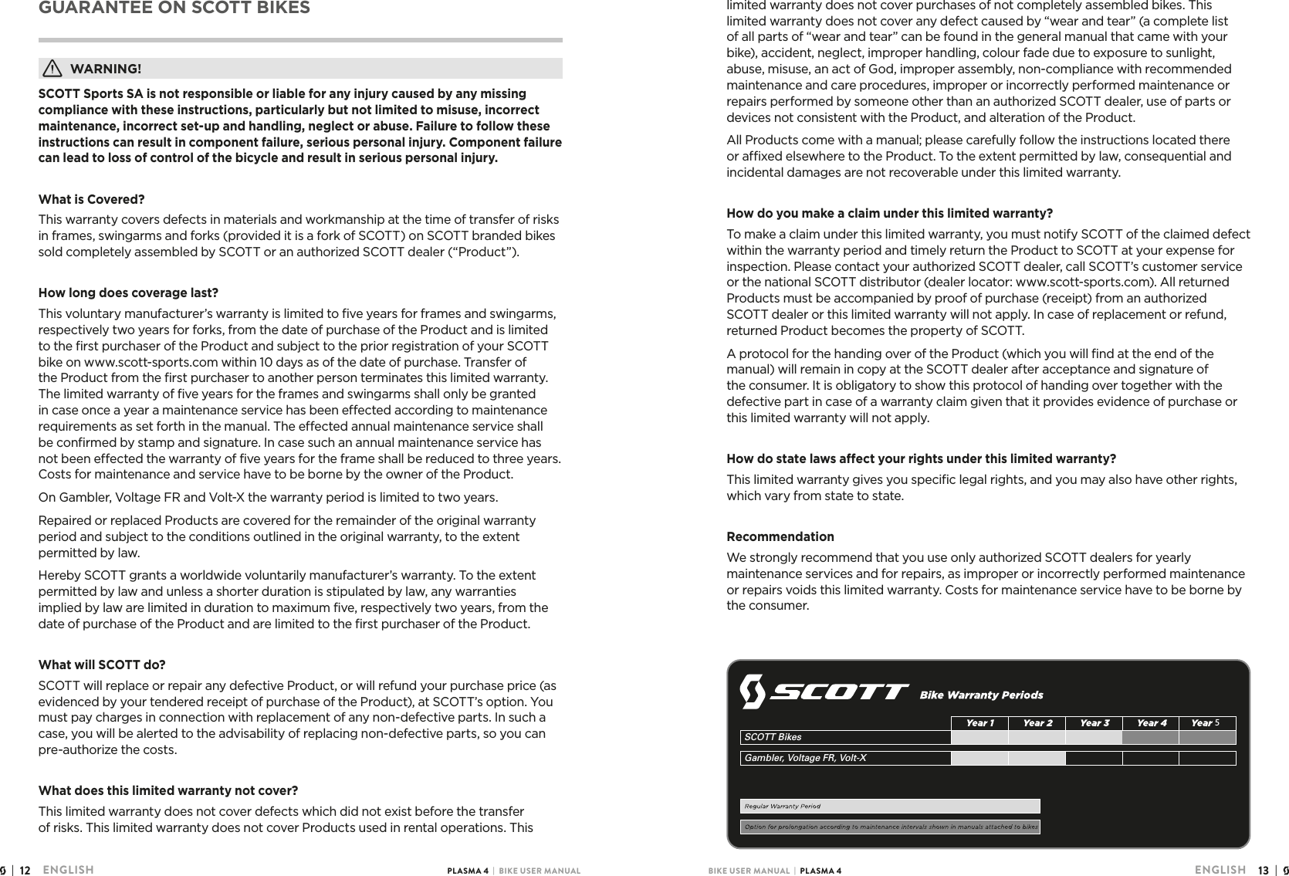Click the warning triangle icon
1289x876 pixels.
point(52,69)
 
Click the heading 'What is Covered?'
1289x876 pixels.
point(92,200)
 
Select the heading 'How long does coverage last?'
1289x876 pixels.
point(128,293)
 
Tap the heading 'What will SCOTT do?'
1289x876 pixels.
point(102,665)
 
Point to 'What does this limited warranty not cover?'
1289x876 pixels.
point(168,791)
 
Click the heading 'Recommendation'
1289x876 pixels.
point(780,536)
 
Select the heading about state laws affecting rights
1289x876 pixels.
point(921,459)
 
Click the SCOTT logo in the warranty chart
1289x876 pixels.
point(824,692)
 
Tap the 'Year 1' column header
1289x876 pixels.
point(979,723)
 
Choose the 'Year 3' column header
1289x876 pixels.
point(1094,723)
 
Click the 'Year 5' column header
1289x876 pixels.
point(1206,723)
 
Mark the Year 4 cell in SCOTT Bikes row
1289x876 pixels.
point(1150,738)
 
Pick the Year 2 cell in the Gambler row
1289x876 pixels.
point(1037,758)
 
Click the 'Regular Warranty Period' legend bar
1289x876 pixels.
point(890,807)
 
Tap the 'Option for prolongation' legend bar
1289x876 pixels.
point(890,827)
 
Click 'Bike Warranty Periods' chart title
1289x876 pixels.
point(981,695)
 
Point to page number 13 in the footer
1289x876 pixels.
point(1263,870)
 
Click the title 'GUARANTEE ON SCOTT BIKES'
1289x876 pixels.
point(174,8)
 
